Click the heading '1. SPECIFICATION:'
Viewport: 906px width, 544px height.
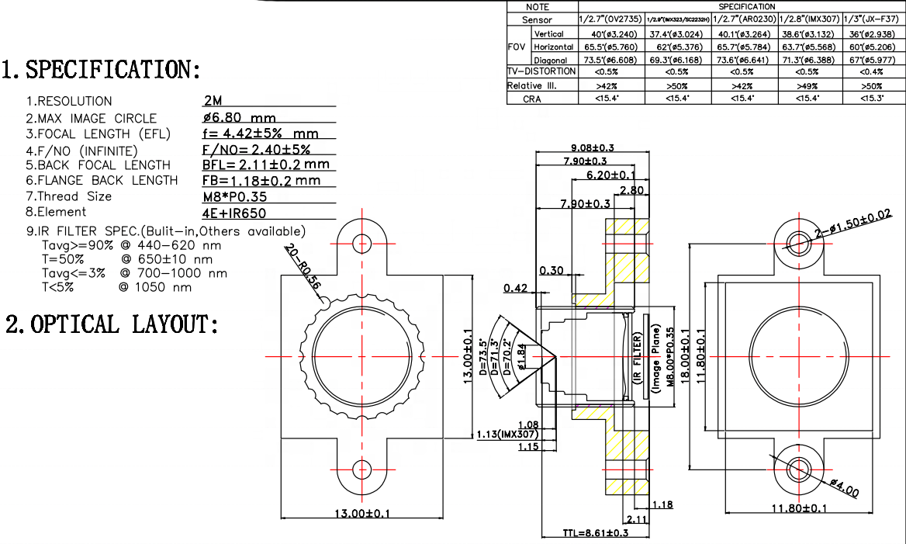[x=101, y=70]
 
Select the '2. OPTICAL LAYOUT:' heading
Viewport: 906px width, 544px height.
[x=112, y=324]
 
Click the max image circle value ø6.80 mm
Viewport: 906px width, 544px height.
[x=239, y=118]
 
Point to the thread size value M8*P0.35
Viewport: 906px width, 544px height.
[x=234, y=196]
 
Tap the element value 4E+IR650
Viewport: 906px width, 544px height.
[x=235, y=212]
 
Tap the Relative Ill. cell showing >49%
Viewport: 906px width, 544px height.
[x=810, y=85]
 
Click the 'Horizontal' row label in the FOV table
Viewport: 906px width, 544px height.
[x=554, y=47]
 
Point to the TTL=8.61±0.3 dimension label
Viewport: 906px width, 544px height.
[x=595, y=533]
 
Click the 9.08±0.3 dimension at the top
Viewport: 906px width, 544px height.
[x=592, y=147]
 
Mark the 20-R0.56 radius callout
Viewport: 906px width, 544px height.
[x=303, y=269]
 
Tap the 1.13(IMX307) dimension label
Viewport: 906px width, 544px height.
[x=507, y=434]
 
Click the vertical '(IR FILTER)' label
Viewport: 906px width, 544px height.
[x=637, y=357]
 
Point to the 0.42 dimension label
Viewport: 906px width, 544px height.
[x=517, y=288]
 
